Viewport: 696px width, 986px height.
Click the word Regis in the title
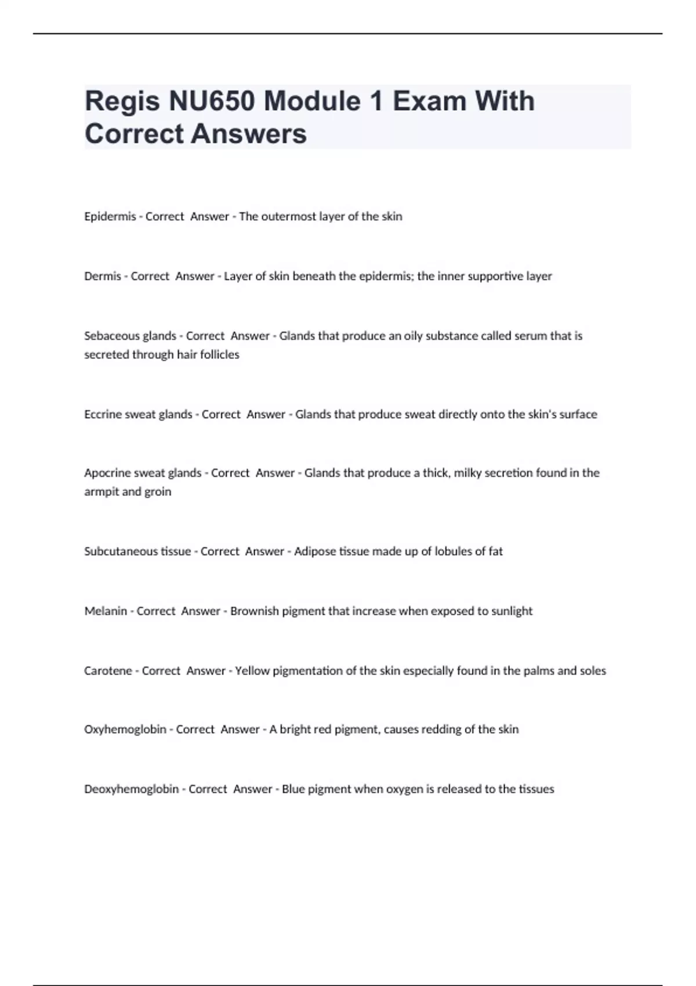point(122,102)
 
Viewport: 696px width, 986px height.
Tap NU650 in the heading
point(212,102)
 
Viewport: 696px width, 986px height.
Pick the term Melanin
point(105,611)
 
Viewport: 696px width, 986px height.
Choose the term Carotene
point(108,671)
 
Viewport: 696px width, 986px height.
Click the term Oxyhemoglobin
point(125,730)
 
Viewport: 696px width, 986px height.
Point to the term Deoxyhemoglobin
point(131,789)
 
